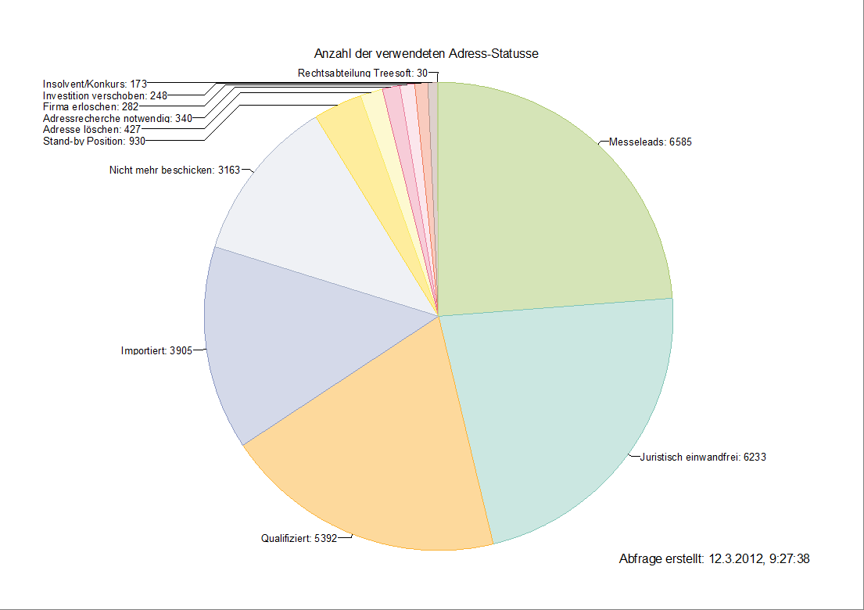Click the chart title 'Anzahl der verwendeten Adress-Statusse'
coord(426,54)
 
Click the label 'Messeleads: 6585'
coord(650,142)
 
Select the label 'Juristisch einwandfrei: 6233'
coord(702,457)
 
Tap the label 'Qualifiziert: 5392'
coord(299,538)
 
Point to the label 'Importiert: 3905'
coord(156,350)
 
